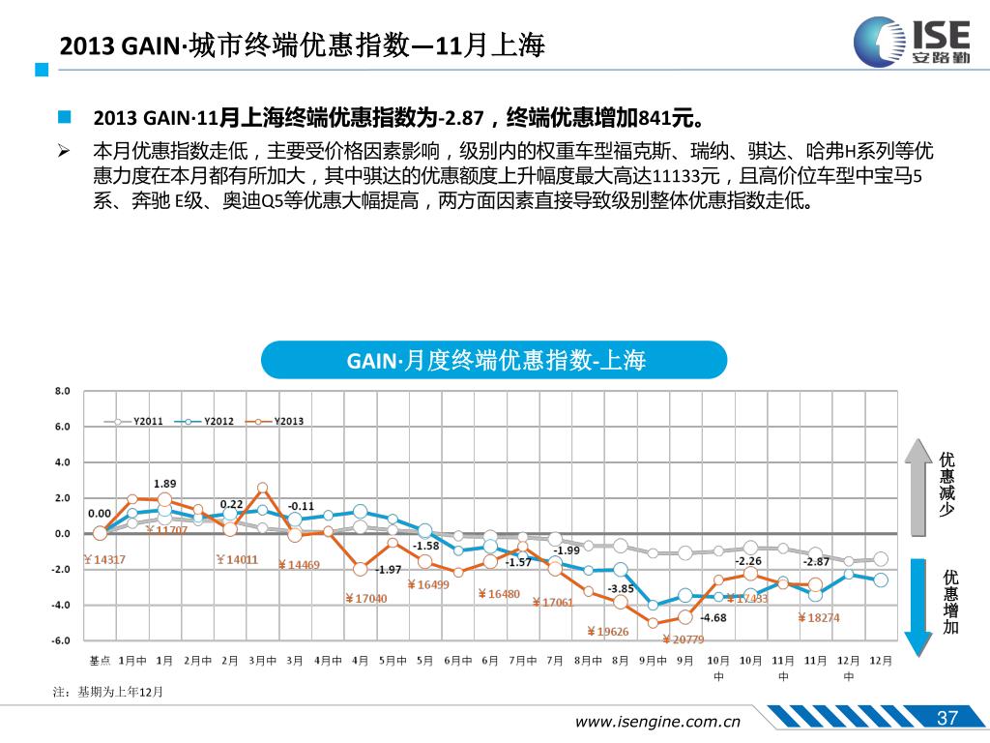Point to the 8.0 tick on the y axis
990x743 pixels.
click(63, 391)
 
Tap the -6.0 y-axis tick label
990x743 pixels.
click(61, 640)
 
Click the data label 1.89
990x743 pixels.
click(165, 483)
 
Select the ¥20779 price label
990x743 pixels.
click(683, 639)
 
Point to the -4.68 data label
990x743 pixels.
click(713, 617)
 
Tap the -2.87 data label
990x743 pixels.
click(816, 561)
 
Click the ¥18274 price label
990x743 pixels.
click(818, 617)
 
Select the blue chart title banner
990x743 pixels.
click(494, 361)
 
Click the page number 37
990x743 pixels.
click(947, 718)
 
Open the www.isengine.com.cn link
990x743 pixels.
click(657, 721)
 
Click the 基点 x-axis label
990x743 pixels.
click(100, 660)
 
